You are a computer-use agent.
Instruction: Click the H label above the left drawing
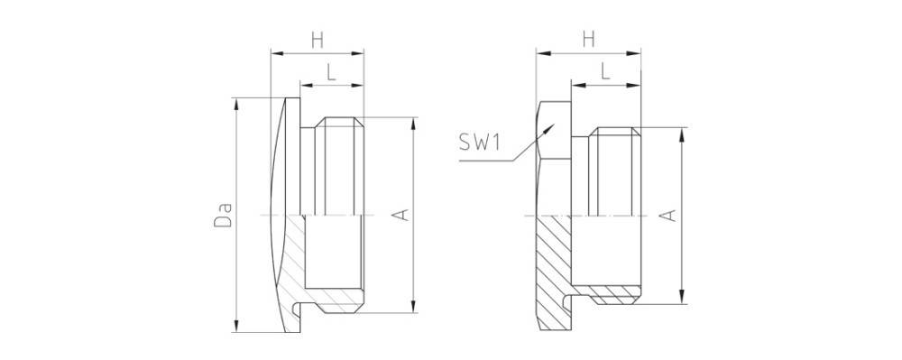point(317,40)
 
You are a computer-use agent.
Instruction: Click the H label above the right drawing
point(588,40)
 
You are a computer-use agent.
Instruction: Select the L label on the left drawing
point(331,72)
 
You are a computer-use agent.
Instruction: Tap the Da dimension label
point(223,214)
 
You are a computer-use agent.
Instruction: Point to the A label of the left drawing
point(402,215)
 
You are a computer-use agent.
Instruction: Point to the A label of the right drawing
point(668,215)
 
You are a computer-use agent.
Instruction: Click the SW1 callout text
point(479,142)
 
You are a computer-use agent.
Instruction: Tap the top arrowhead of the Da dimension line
point(235,104)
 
